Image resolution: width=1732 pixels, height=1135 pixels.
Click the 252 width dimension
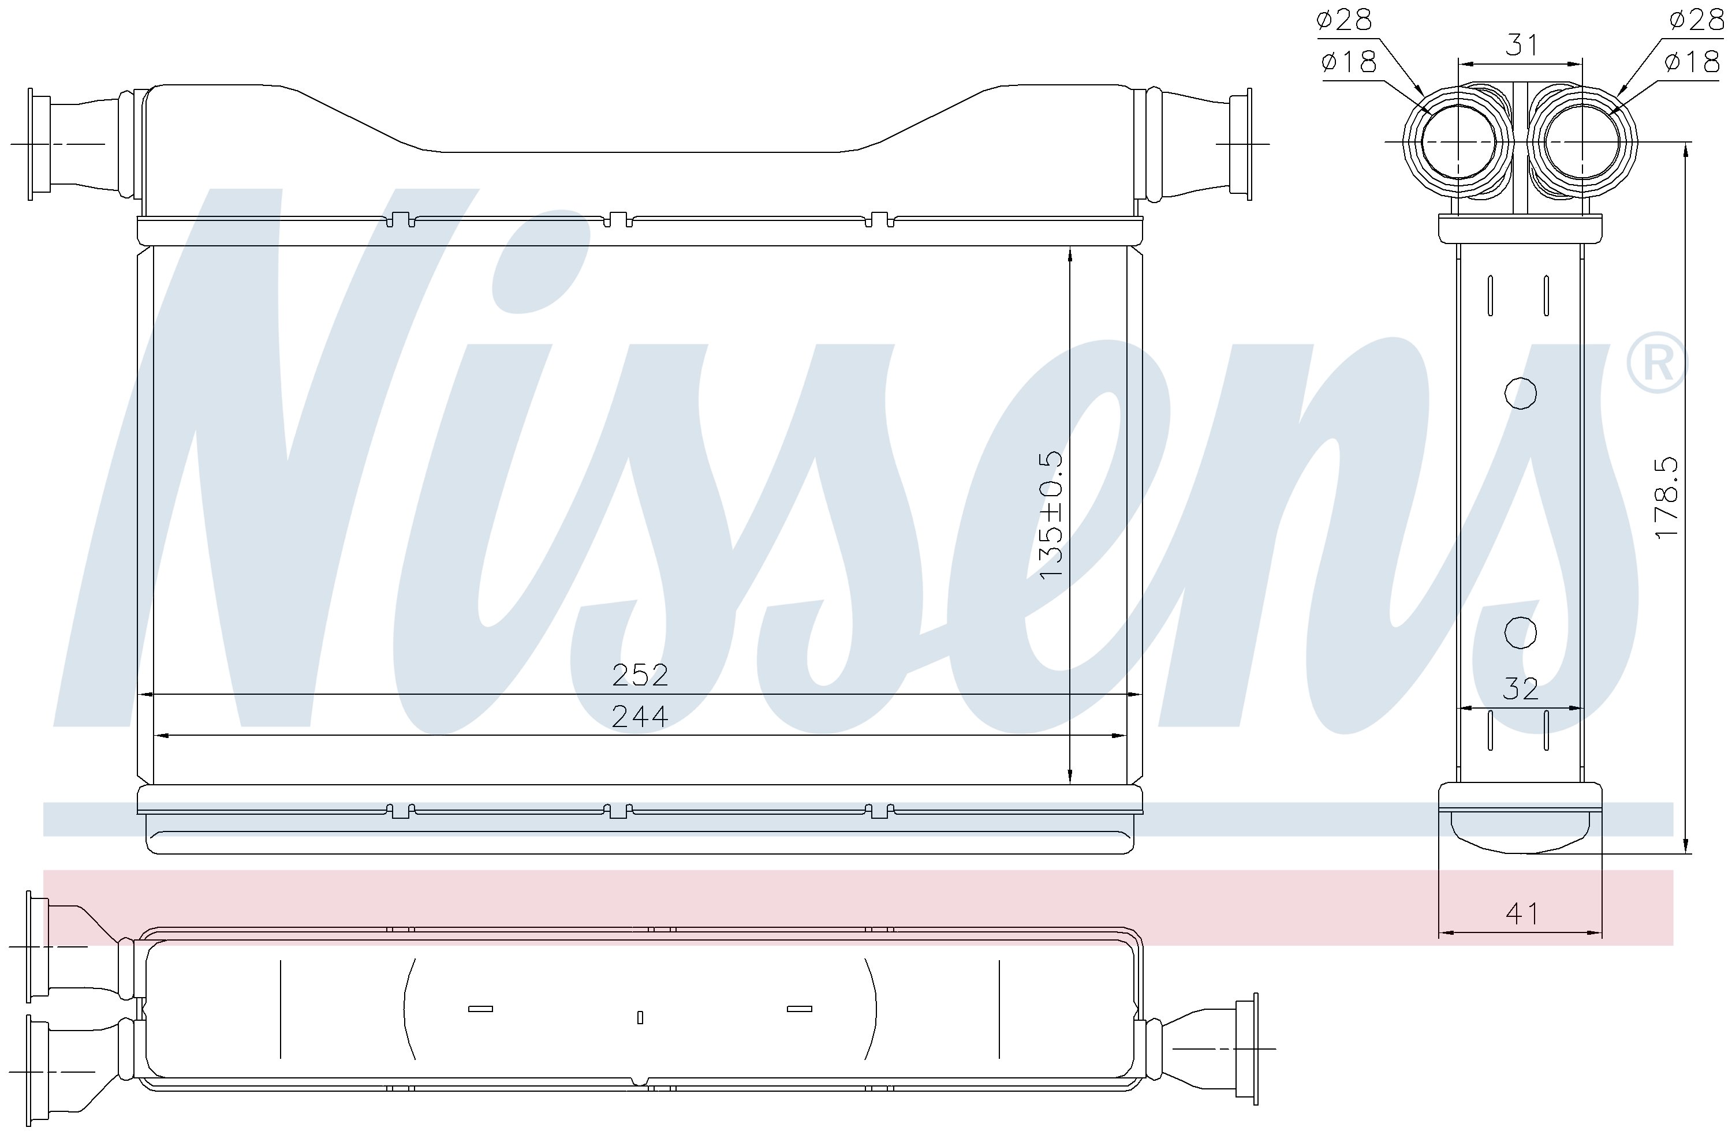640,675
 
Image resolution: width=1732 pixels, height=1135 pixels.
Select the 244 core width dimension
640,717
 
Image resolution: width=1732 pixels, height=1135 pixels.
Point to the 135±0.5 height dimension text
1051,516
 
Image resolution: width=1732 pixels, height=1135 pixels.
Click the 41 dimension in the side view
1522,913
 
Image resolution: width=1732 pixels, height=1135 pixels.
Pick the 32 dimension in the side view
1520,689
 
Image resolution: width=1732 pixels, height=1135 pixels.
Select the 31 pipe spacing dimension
1522,45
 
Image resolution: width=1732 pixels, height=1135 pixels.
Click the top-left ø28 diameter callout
1344,20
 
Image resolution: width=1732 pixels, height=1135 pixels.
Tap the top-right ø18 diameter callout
1692,61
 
